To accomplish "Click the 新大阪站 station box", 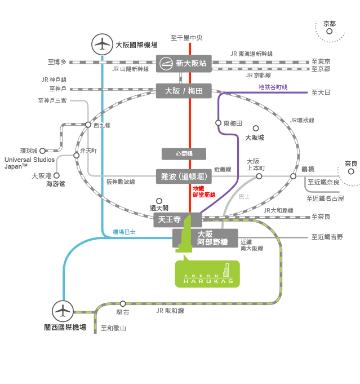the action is point(184,63).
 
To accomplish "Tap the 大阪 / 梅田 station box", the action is point(184,91).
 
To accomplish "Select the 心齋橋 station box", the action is point(184,154).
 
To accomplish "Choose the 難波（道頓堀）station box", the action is point(184,176).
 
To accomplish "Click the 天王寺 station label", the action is point(170,219).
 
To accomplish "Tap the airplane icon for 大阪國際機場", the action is point(103,45).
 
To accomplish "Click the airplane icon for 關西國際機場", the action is point(63,311).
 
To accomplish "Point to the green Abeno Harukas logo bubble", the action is point(207,273).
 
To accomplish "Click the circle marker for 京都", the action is point(330,32).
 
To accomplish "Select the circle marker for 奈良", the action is point(351,171).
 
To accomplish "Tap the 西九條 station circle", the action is point(88,125).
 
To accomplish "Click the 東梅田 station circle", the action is point(218,123).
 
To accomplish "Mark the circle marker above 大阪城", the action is point(256,129).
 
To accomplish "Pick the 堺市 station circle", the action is point(123,304).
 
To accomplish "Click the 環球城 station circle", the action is point(43,151).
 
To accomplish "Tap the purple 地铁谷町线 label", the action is point(273,87).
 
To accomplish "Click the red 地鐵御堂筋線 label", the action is point(204,192).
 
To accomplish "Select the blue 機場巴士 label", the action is point(124,232).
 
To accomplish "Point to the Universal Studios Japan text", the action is point(30,163).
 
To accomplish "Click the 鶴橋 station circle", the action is point(293,176).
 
